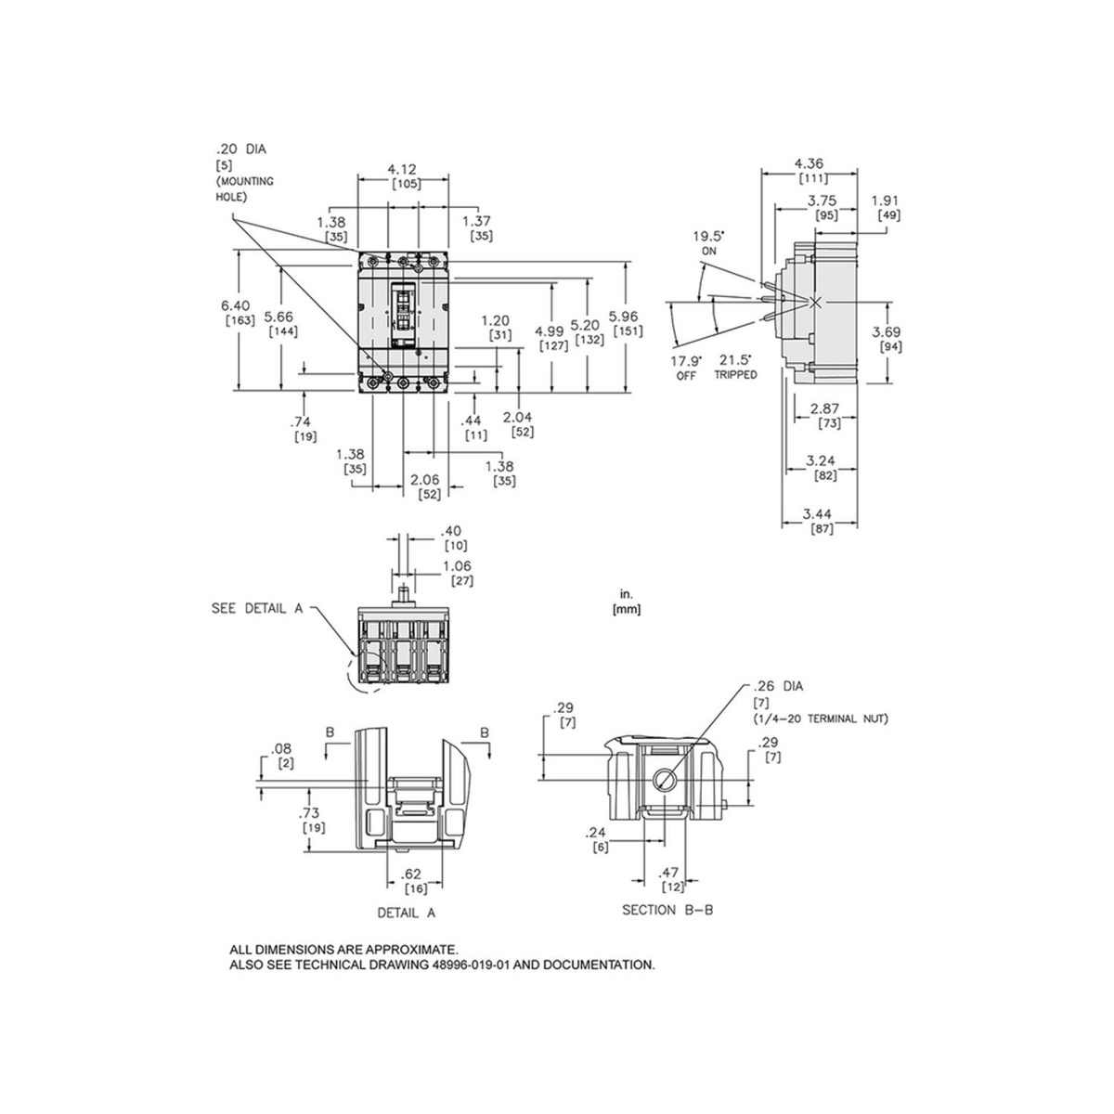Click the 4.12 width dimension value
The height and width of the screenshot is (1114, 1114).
(403, 169)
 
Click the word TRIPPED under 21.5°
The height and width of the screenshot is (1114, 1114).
(735, 375)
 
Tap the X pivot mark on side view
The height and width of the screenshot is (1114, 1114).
(816, 303)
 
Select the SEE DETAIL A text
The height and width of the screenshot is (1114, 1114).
(257, 609)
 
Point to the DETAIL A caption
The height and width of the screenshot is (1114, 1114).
(406, 913)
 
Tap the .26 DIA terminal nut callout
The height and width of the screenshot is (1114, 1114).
(778, 687)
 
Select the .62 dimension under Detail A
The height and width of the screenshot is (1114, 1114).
(415, 874)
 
